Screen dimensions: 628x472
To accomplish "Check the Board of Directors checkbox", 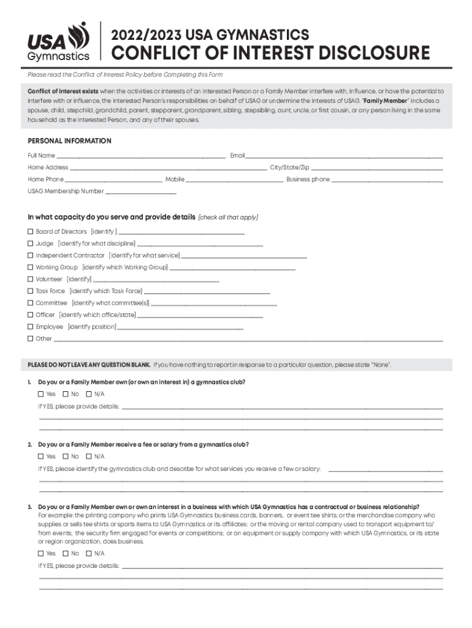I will pos(31,232).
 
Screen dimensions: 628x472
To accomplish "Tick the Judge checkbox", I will pos(31,243).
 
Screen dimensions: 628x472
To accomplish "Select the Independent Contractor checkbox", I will pos(31,256).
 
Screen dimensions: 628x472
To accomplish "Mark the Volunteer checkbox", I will pos(31,279).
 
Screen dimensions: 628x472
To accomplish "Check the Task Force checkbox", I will pos(31,291).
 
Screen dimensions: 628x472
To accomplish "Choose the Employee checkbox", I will pos(31,327).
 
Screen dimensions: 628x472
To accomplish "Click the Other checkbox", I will pos(31,339).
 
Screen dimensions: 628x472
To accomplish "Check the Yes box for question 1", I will pos(41,394).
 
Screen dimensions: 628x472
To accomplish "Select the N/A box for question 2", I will pos(89,456).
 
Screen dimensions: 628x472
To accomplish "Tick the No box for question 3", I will pos(66,553).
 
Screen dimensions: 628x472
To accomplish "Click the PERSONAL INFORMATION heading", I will pos(69,141).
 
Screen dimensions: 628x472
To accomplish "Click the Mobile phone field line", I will pos(234,180).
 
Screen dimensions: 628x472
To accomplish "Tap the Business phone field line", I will pos(387,180).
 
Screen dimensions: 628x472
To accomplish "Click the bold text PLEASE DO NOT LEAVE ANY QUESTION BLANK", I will pos(89,365).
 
